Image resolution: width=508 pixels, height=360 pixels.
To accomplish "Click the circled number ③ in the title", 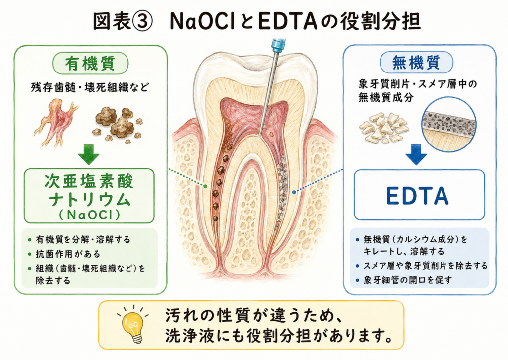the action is pyautogui.click(x=141, y=22).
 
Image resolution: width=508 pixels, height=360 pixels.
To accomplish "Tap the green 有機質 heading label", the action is pyautogui.click(x=90, y=63).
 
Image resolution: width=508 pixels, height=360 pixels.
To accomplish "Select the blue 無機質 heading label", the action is pyautogui.click(x=416, y=62).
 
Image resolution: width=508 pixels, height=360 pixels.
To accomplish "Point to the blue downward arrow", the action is pyautogui.click(x=416, y=154).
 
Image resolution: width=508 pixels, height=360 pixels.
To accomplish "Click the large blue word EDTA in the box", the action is pyautogui.click(x=418, y=196).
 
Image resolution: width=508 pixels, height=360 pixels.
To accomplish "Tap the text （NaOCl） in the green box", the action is pyautogui.click(x=89, y=215).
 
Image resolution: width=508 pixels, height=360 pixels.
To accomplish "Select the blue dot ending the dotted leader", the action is pyautogui.click(x=294, y=192).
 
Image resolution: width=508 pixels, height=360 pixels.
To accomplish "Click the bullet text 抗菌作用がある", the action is pyautogui.click(x=67, y=254).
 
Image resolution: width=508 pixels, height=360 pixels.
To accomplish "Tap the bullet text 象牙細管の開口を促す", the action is pyautogui.click(x=408, y=280).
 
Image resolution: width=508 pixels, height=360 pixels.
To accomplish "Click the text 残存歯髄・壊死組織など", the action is pyautogui.click(x=90, y=87).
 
